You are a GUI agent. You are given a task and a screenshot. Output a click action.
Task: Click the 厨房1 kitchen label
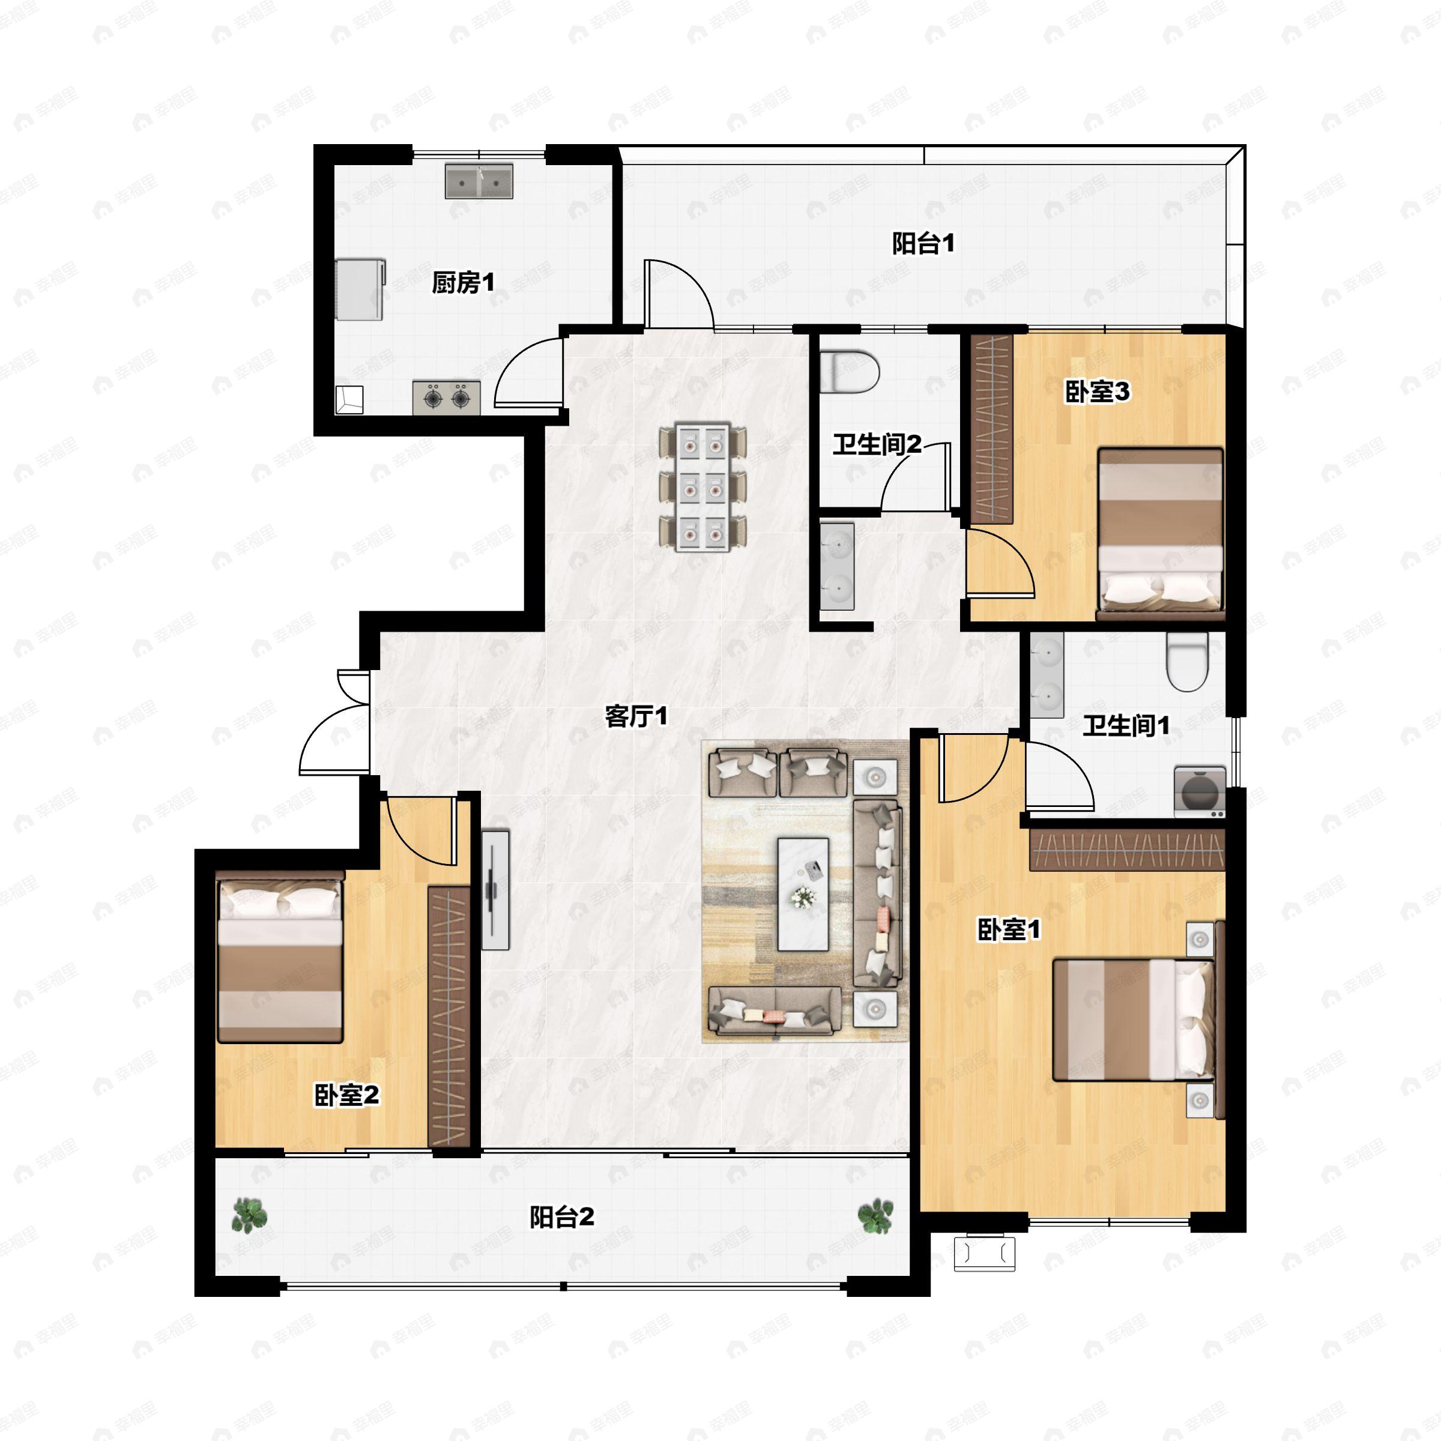462,283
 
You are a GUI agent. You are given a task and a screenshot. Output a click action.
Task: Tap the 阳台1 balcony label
923,244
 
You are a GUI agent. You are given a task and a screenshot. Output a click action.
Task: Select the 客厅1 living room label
635,717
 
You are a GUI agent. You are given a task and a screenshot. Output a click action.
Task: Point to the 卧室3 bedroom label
1096,391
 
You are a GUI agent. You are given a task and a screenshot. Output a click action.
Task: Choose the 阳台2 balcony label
561,1217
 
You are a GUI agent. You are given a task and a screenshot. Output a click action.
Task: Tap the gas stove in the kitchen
446,398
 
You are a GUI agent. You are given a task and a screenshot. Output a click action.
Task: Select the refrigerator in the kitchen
360,289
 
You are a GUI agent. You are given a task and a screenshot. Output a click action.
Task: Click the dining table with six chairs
702,488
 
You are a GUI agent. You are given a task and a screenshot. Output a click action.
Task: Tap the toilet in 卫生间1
1186,662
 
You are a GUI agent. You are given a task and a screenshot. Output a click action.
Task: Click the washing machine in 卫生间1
1200,791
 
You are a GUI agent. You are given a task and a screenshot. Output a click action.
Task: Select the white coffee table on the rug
803,894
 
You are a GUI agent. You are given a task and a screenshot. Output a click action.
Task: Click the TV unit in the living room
495,890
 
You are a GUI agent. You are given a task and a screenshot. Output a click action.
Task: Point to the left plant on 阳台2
249,1215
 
